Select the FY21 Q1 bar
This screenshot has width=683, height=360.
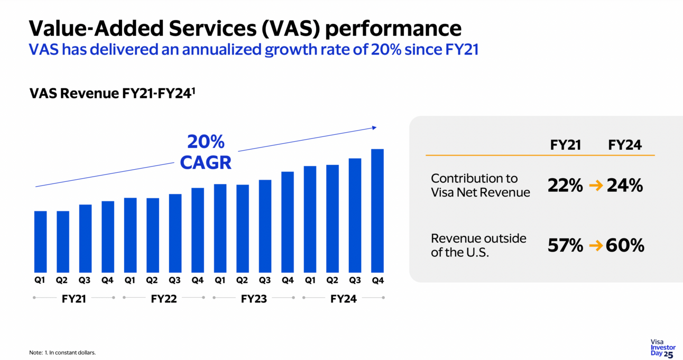click(40, 241)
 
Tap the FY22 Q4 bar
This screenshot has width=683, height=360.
click(198, 229)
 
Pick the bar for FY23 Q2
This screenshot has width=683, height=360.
click(243, 228)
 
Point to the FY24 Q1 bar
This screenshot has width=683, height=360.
click(310, 219)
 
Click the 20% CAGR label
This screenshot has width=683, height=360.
click(206, 152)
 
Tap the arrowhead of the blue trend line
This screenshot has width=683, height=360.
click(374, 127)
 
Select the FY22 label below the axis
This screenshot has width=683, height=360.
click(164, 299)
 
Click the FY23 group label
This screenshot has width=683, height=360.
click(254, 299)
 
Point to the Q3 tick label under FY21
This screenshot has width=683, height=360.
click(85, 281)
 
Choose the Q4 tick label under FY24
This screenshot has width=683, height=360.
click(377, 281)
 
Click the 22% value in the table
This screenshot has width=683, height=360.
click(565, 186)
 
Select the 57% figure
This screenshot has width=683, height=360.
click(565, 245)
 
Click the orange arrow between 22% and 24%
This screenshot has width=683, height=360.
click(596, 186)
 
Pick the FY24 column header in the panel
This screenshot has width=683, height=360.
click(625, 145)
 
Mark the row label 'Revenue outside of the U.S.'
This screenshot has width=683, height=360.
click(478, 245)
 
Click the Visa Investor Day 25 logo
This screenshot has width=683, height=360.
click(662, 348)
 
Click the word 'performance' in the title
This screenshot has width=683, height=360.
click(393, 27)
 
